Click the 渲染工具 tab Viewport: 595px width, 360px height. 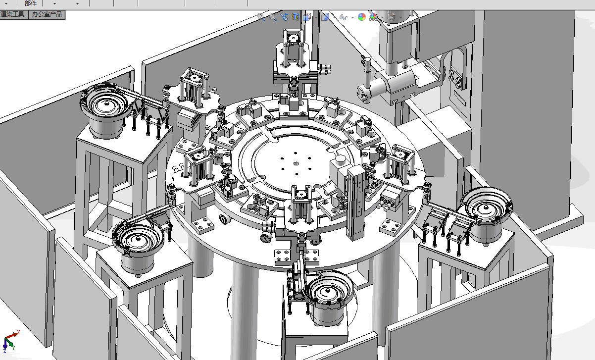pyautogui.click(x=12, y=14)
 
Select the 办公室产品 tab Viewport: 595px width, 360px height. pyautogui.click(x=47, y=14)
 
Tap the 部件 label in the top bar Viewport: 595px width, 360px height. pyautogui.click(x=31, y=3)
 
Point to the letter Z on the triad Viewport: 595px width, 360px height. pyautogui.click(x=4, y=351)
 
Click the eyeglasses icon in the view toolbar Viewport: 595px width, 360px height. pyautogui.click(x=343, y=17)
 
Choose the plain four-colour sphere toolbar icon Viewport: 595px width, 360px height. pyautogui.click(x=361, y=17)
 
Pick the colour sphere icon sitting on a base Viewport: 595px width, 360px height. pyautogui.click(x=373, y=17)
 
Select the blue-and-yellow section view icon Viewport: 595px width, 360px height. pyautogui.click(x=295, y=17)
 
